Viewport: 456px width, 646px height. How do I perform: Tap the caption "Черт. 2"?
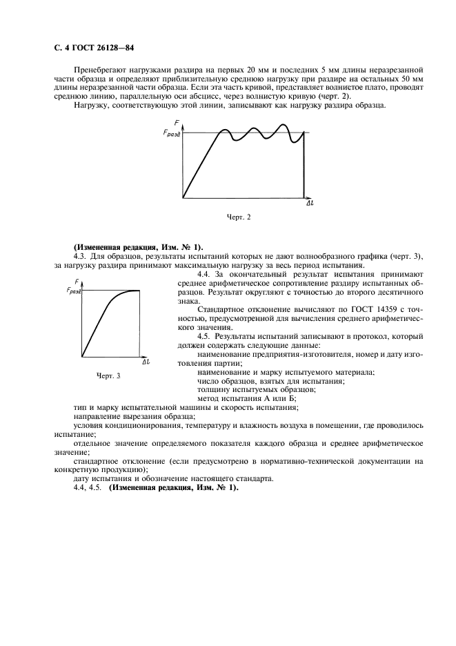click(x=239, y=217)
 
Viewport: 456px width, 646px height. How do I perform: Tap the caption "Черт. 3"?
click(x=108, y=375)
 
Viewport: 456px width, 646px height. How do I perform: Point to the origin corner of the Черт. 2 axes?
click(x=184, y=198)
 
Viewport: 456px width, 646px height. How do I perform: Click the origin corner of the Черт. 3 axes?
click(x=82, y=356)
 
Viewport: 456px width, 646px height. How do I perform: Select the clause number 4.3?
click(x=79, y=256)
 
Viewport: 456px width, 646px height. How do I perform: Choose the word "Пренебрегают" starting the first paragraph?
click(x=99, y=70)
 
